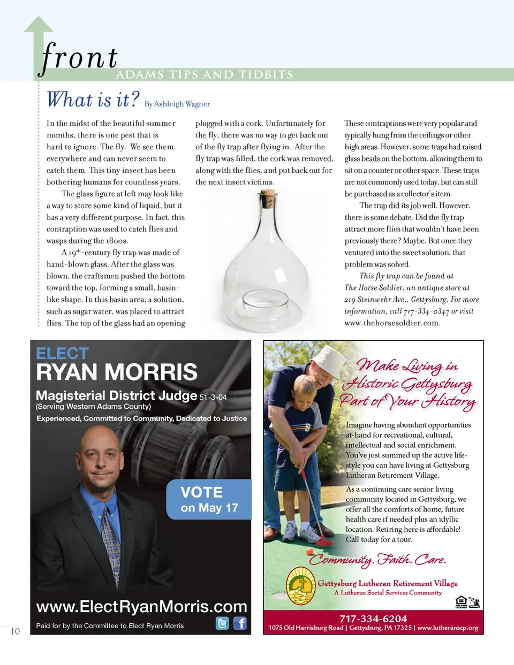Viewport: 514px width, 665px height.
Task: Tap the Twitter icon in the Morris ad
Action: click(x=222, y=623)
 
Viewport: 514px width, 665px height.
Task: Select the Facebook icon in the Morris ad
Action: click(x=240, y=623)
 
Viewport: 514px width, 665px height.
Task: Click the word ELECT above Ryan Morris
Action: click(x=62, y=354)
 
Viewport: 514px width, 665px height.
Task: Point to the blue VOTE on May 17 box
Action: click(x=209, y=500)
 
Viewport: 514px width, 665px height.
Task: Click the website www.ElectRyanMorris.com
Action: click(x=141, y=607)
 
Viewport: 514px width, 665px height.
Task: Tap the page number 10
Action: click(x=15, y=631)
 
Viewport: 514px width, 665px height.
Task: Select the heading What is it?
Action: click(x=93, y=100)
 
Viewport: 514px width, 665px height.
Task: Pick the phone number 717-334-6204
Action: click(x=373, y=618)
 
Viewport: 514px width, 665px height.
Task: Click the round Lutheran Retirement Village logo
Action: click(x=301, y=586)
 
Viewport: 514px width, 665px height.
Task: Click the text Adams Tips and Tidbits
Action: click(x=205, y=75)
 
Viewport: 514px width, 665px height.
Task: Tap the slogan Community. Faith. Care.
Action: click(x=377, y=560)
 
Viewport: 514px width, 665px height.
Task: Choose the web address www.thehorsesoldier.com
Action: click(x=392, y=323)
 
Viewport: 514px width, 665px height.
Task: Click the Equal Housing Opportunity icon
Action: click(x=460, y=602)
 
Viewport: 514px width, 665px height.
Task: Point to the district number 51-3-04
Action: click(x=213, y=398)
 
